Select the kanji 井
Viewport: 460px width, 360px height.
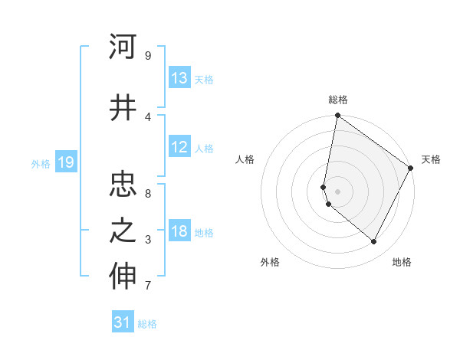(123, 106)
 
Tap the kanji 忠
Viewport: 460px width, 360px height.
(123, 184)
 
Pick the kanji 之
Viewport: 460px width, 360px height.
(123, 231)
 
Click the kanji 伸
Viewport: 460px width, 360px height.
(123, 277)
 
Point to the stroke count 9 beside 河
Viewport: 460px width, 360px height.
(148, 56)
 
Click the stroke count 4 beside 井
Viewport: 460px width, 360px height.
(148, 116)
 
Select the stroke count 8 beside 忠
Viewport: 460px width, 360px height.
(148, 194)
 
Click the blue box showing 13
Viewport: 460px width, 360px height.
(179, 78)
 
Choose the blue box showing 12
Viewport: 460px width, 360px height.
(179, 147)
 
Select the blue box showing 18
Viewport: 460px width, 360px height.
(179, 232)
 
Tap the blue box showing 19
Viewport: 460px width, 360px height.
(66, 162)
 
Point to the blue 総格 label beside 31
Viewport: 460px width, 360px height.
(147, 324)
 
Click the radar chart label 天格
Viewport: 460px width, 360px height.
(431, 159)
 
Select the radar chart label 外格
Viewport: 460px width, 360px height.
(270, 262)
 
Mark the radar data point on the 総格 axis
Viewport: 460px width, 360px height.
(337, 116)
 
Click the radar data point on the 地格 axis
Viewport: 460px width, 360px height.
(374, 242)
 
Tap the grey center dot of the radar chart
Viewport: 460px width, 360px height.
(337, 191)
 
